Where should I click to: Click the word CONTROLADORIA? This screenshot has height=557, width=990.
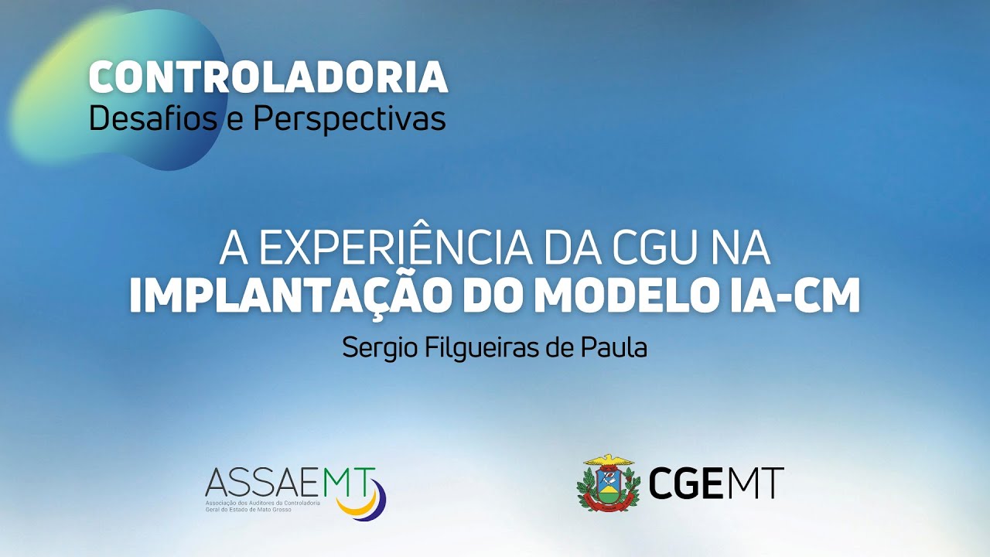tap(268, 77)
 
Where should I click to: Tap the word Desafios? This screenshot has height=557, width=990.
tap(152, 119)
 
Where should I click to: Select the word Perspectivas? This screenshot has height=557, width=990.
tap(350, 119)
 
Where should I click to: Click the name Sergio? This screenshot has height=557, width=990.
tap(381, 347)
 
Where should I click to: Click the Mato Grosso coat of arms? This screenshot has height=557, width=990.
tap(608, 485)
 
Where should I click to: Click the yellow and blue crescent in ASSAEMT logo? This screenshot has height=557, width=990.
tap(365, 501)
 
